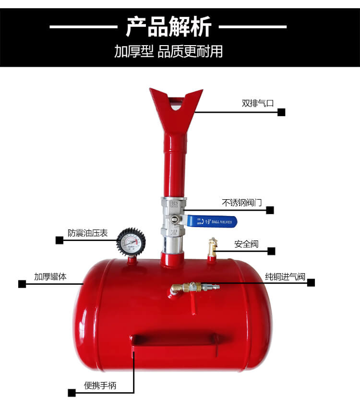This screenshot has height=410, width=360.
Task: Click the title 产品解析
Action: pos(168,27)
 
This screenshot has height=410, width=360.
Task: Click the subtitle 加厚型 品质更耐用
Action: pos(168,51)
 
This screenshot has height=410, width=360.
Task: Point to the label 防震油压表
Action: pos(87,233)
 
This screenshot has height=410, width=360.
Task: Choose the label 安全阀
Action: pos(246,244)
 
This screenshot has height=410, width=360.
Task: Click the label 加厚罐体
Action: pos(50,277)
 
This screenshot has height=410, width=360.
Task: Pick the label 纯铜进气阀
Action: pos(285,277)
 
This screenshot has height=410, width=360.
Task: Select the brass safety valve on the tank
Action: pos(212,247)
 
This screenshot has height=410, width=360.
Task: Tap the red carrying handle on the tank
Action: pos(175,340)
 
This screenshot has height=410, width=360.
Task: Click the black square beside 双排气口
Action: pos(281,112)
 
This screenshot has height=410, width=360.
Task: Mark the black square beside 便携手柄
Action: pos(72,393)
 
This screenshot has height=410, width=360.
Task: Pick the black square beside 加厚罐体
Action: pos(22,284)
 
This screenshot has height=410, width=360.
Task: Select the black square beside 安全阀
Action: pos(271,251)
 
